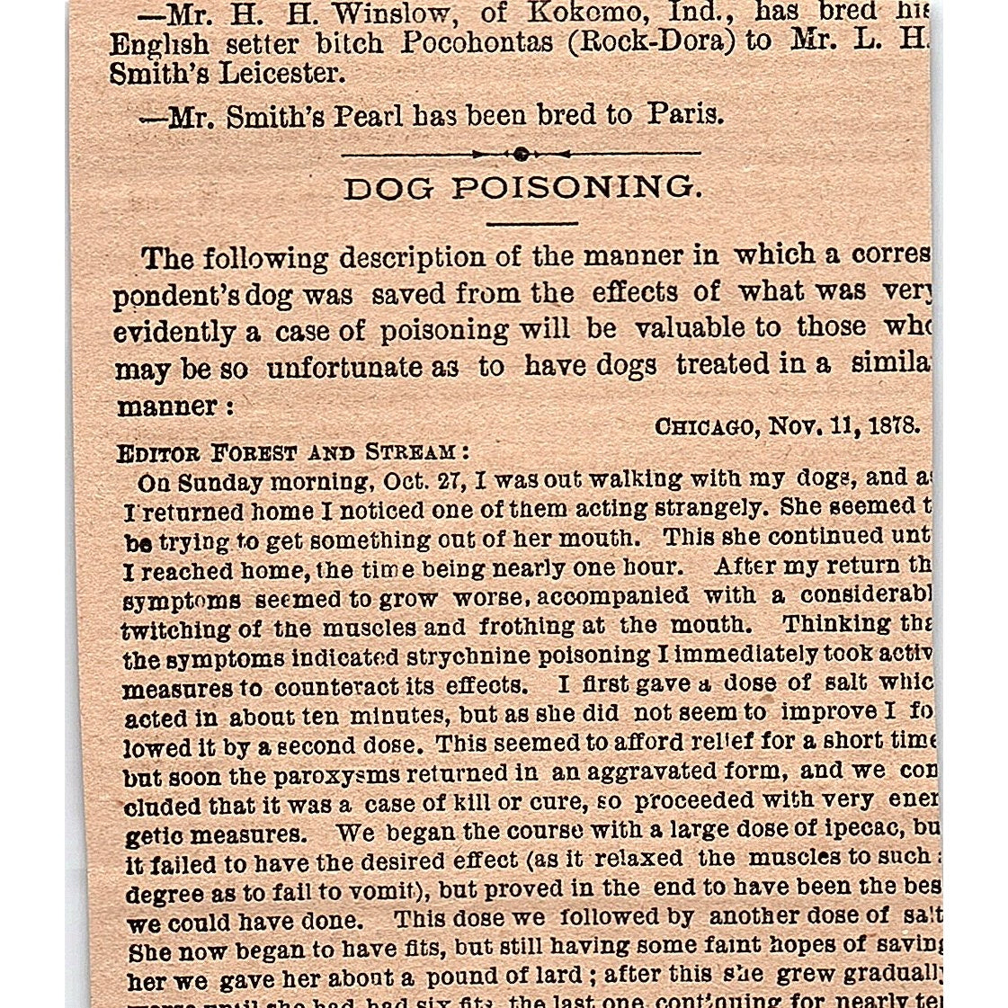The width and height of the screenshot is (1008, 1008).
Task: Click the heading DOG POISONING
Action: [521, 188]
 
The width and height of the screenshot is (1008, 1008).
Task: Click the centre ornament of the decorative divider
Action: [521, 155]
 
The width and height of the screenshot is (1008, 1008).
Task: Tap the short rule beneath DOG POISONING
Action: [531, 223]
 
